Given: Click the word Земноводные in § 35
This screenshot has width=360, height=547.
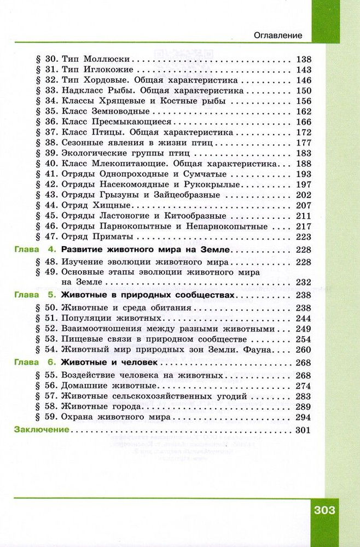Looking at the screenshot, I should coord(120,111).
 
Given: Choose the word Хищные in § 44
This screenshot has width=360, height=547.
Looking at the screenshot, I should coord(114,205).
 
